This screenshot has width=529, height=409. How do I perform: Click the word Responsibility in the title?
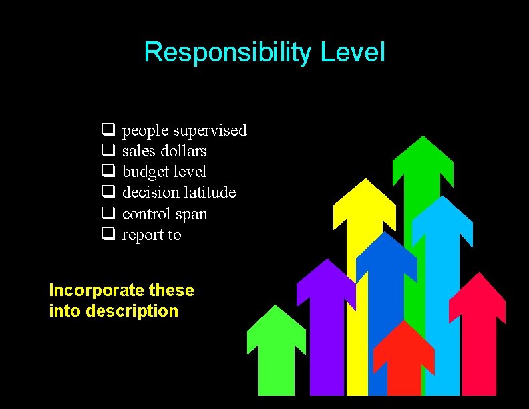click(x=228, y=52)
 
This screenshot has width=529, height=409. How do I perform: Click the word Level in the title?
click(x=353, y=52)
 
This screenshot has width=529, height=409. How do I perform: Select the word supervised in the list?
click(x=209, y=130)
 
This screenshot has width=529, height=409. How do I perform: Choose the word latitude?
click(x=210, y=192)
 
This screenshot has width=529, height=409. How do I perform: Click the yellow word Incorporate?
click(x=96, y=291)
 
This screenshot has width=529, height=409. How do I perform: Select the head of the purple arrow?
click(x=325, y=281)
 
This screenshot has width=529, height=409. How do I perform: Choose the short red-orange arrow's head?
click(x=403, y=344)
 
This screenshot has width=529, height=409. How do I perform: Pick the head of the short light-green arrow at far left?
click(x=276, y=327)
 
